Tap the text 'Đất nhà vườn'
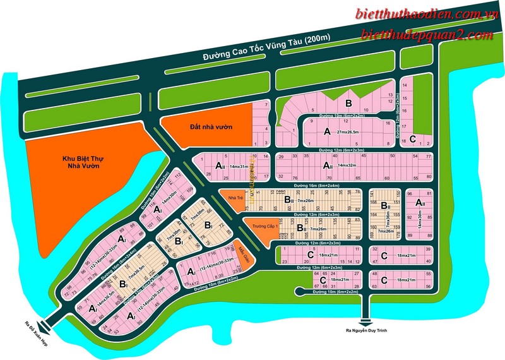click(x=211, y=127)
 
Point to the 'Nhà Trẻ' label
click(x=229, y=198)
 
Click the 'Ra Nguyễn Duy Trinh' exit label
click(x=365, y=330)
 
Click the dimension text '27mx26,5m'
click(x=357, y=132)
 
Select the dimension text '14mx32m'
click(x=352, y=165)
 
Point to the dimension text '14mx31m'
click(x=241, y=166)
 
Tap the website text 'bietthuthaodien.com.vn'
click(x=427, y=14)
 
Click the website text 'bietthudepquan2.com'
click(x=427, y=35)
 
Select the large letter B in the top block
click(x=348, y=104)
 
